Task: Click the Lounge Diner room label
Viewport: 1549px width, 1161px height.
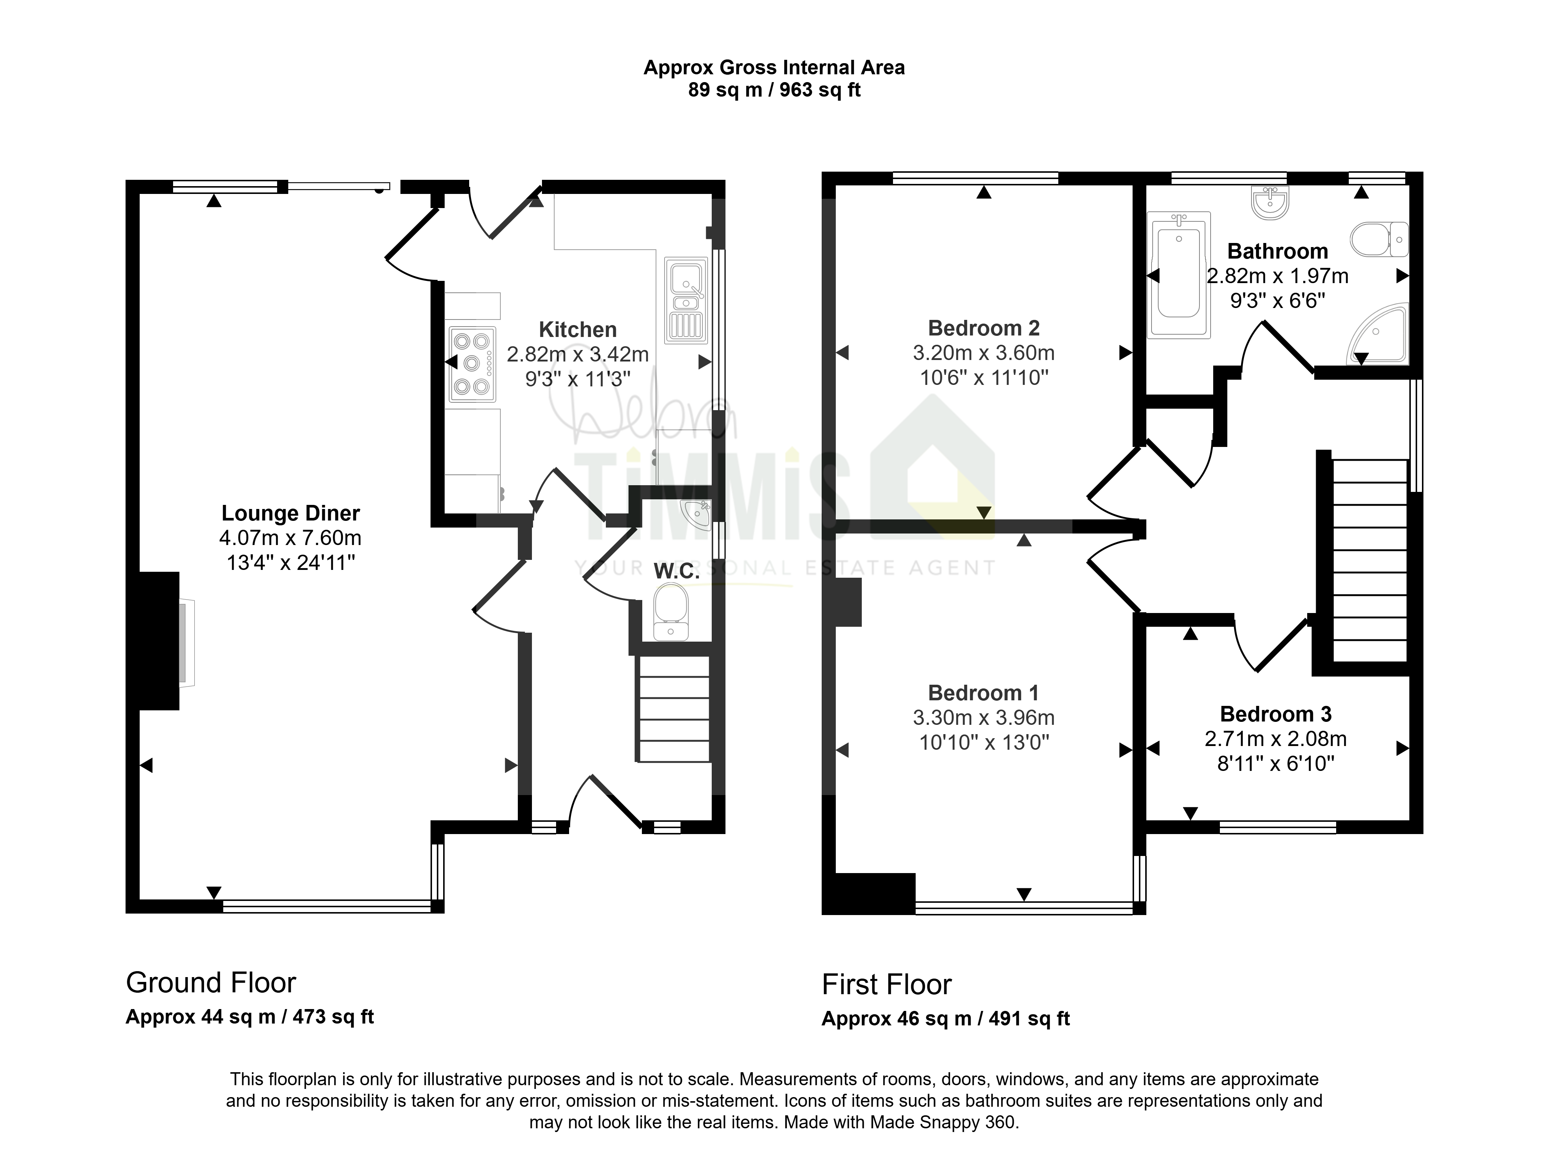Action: (290, 513)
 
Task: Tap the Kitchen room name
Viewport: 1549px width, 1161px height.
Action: (578, 329)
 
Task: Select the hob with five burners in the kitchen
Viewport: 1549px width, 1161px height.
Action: (472, 364)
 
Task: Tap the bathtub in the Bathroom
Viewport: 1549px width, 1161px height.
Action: (1179, 276)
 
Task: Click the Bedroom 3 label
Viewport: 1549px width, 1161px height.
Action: (1276, 714)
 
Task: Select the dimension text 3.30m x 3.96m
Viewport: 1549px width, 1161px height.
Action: (984, 718)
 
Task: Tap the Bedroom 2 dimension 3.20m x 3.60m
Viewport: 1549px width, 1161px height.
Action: (984, 353)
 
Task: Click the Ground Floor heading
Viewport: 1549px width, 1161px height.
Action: (211, 983)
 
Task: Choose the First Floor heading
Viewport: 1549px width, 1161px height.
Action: (887, 985)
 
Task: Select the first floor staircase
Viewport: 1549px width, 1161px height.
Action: (1370, 560)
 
